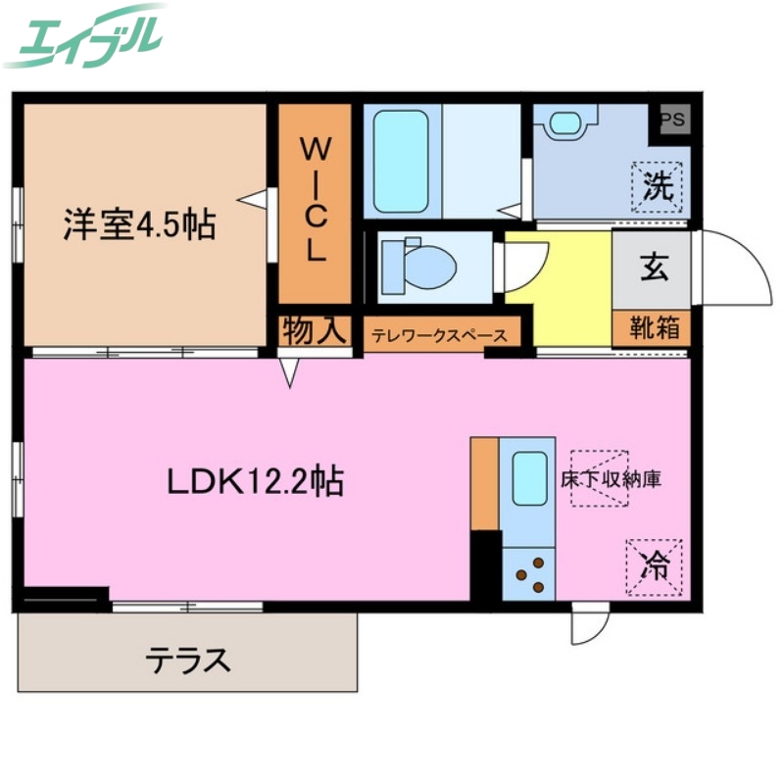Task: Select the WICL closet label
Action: [314, 200]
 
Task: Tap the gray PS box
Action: [673, 121]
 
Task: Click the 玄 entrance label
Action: [654, 268]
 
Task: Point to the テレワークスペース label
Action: [440, 335]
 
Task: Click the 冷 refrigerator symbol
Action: [654, 565]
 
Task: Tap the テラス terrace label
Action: [189, 660]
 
